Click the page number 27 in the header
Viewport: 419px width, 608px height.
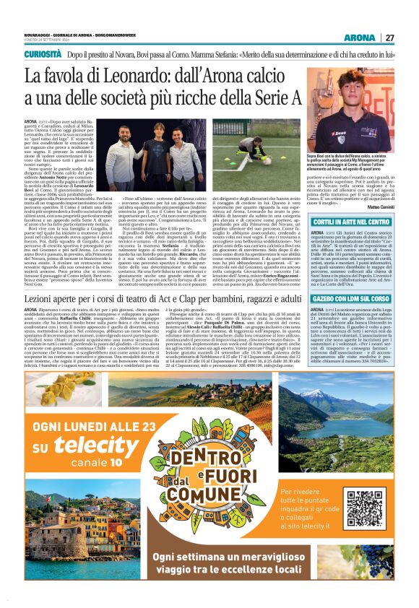(389, 38)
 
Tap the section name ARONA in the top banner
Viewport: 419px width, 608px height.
(359, 38)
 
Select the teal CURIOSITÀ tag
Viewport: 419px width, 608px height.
(43, 54)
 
